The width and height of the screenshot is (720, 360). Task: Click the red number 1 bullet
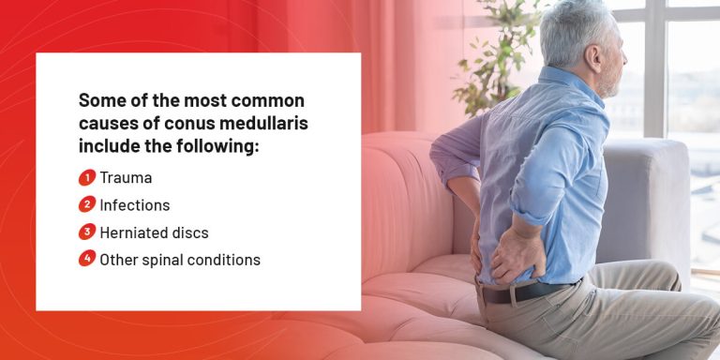click(x=86, y=176)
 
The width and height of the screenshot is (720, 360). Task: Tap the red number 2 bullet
click(x=86, y=204)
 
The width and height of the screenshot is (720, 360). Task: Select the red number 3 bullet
click(x=86, y=232)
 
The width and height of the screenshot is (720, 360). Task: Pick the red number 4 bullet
click(x=86, y=259)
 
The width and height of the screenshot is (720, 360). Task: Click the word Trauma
click(x=126, y=177)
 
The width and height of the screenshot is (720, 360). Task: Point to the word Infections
click(x=135, y=204)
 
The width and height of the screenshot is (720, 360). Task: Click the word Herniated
click(x=133, y=232)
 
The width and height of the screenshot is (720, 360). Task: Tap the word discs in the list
click(x=190, y=232)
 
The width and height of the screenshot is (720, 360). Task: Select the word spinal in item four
click(x=160, y=260)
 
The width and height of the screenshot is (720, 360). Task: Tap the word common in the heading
click(x=265, y=99)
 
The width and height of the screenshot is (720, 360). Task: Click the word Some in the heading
click(x=98, y=99)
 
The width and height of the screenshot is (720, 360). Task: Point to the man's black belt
click(x=525, y=292)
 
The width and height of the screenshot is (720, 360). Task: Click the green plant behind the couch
click(x=492, y=56)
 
